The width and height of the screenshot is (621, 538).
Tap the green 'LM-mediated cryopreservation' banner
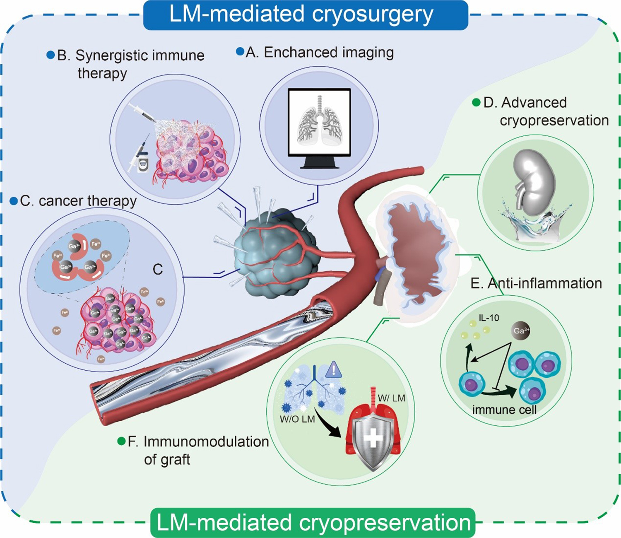[x=313, y=523]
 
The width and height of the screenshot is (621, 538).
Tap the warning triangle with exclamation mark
[x=333, y=370]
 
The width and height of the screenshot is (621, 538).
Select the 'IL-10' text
[x=489, y=318]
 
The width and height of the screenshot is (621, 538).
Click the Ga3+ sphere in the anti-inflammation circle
[x=521, y=331]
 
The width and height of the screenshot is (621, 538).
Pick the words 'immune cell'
[x=504, y=410]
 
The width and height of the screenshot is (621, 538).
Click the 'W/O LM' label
[x=297, y=419]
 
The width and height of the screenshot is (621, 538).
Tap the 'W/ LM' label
[x=391, y=398]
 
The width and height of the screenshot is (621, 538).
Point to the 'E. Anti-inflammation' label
[x=536, y=283]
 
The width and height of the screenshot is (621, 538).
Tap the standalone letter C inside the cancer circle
[x=158, y=270]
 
